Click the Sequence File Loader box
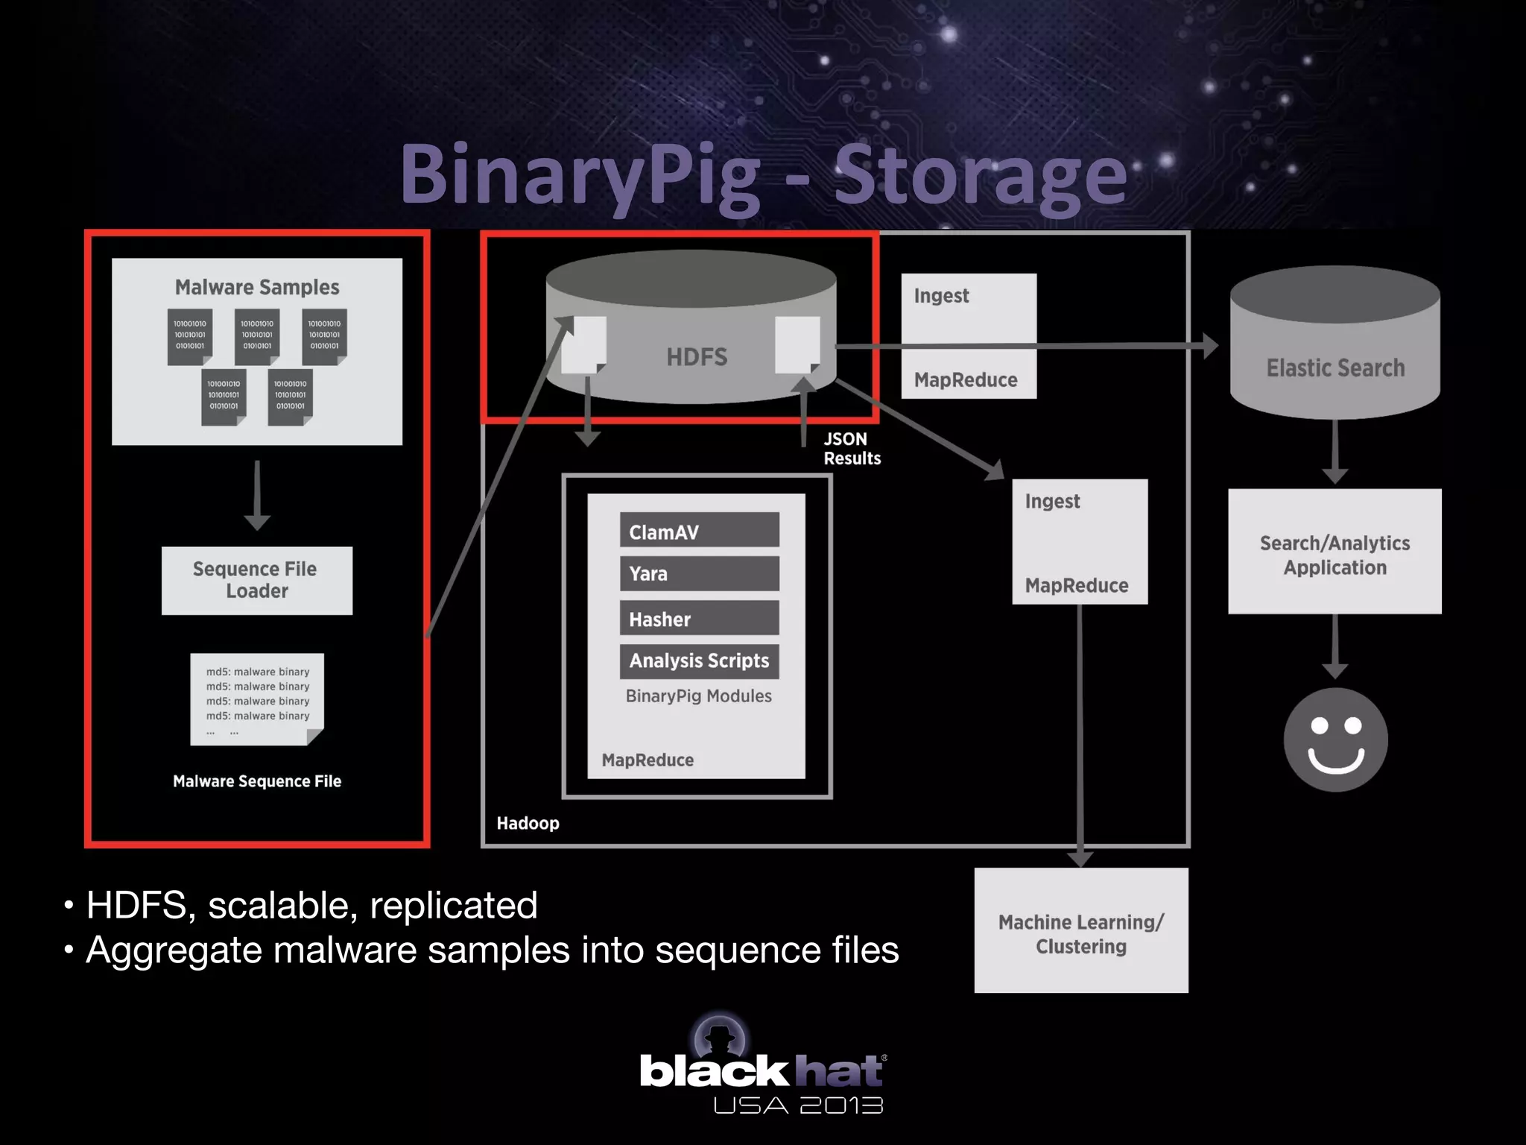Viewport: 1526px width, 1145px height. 257,581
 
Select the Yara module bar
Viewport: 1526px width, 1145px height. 699,573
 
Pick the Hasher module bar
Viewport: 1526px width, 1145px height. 699,618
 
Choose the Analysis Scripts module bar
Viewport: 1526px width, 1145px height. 699,661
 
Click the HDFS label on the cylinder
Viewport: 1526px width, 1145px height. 697,357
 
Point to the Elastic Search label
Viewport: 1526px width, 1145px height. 1335,368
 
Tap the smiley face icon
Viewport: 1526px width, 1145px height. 1335,739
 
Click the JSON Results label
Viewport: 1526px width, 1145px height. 852,449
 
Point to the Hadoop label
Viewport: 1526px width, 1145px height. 528,823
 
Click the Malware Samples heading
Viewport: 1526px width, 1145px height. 257,287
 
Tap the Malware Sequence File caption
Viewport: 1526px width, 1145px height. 257,781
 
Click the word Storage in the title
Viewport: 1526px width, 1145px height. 980,175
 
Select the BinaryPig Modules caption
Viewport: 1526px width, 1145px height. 699,696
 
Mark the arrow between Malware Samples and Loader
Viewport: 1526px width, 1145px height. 257,495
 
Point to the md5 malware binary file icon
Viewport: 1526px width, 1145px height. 257,699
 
